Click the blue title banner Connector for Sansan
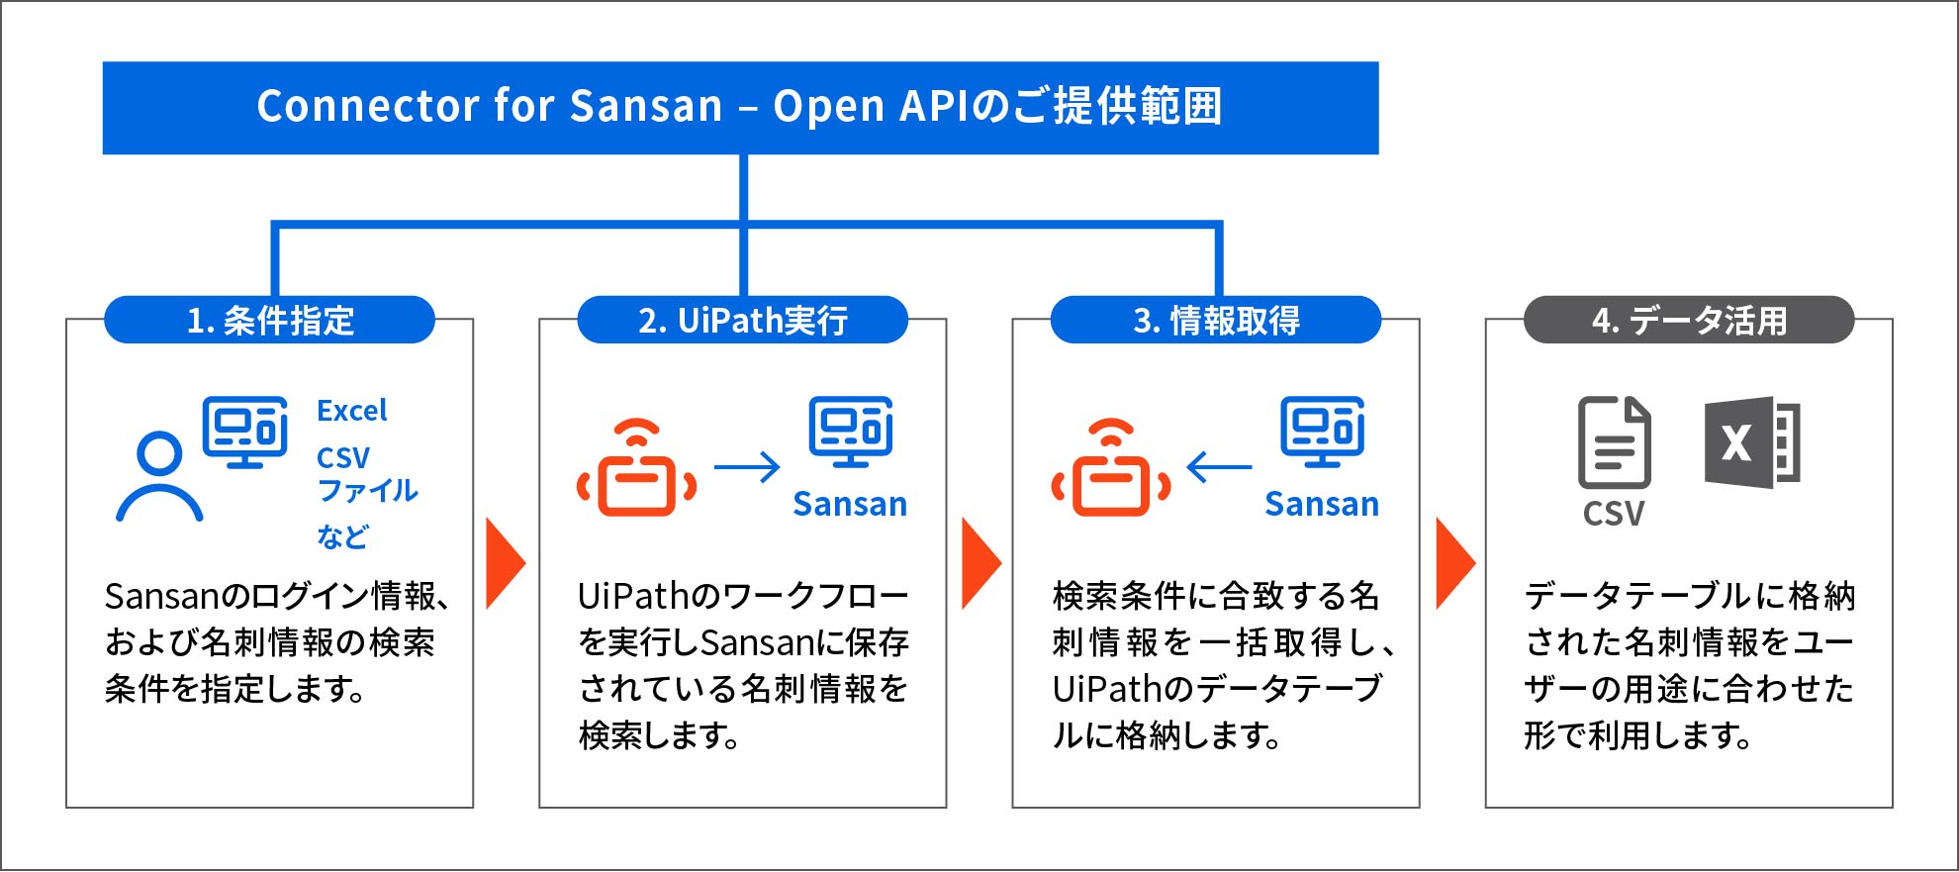click(x=740, y=108)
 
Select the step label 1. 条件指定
click(x=269, y=320)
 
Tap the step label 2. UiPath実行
click(x=742, y=320)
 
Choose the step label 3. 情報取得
click(x=1216, y=320)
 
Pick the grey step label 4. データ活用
click(x=1689, y=320)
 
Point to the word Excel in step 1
click(x=352, y=410)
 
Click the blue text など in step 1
click(x=342, y=536)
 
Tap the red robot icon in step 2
click(x=637, y=467)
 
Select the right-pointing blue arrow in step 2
click(x=747, y=466)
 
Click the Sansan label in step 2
click(x=850, y=504)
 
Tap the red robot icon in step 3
click(x=1111, y=467)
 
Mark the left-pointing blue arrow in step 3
click(x=1219, y=466)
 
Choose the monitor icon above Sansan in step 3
click(x=1323, y=432)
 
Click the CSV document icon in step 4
click(x=1614, y=442)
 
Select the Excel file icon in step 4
click(x=1752, y=442)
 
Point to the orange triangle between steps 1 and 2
click(x=506, y=563)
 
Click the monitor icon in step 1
click(x=245, y=432)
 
